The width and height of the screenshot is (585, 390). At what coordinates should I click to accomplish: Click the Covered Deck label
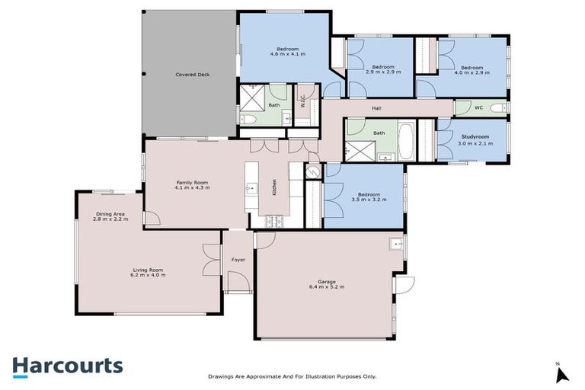(x=192, y=75)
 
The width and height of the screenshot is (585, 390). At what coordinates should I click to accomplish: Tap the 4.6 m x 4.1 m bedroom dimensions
(x=287, y=54)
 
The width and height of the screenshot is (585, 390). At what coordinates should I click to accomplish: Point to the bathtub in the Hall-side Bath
(x=404, y=142)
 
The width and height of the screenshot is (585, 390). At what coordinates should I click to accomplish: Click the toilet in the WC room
(x=498, y=108)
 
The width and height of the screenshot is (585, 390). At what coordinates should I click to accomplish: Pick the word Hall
(x=376, y=109)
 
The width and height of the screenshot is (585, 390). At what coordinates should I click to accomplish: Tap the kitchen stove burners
(x=273, y=221)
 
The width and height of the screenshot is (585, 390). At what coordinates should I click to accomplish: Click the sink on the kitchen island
(x=251, y=187)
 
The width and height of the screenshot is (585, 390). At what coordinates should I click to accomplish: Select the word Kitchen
(x=274, y=187)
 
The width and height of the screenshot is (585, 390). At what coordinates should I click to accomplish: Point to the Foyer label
(x=238, y=260)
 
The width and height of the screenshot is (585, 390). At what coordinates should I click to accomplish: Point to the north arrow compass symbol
(x=562, y=373)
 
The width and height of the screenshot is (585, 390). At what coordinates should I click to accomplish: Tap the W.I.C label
(x=302, y=100)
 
